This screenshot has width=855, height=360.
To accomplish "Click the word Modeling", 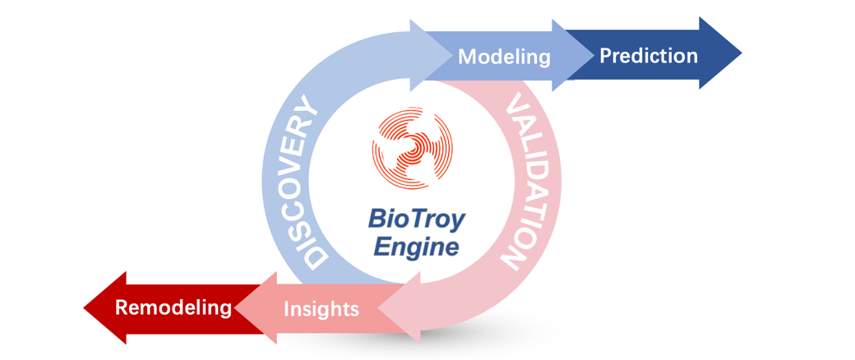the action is click(x=505, y=58).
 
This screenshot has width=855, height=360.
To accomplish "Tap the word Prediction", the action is click(x=649, y=56).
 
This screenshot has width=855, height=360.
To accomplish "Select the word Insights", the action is click(x=321, y=309).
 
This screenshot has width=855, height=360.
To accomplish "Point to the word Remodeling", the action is click(x=173, y=307).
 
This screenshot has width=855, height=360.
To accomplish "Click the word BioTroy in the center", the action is click(x=417, y=220).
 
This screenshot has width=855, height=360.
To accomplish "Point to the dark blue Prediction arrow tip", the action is click(x=742, y=53).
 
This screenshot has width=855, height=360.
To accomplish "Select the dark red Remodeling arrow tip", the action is click(x=84, y=308).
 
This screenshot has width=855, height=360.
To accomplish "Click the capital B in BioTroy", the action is click(x=377, y=220).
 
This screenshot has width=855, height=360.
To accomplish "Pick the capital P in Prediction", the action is click(x=606, y=56).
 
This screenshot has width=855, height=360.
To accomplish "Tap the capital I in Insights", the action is click(x=287, y=308).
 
